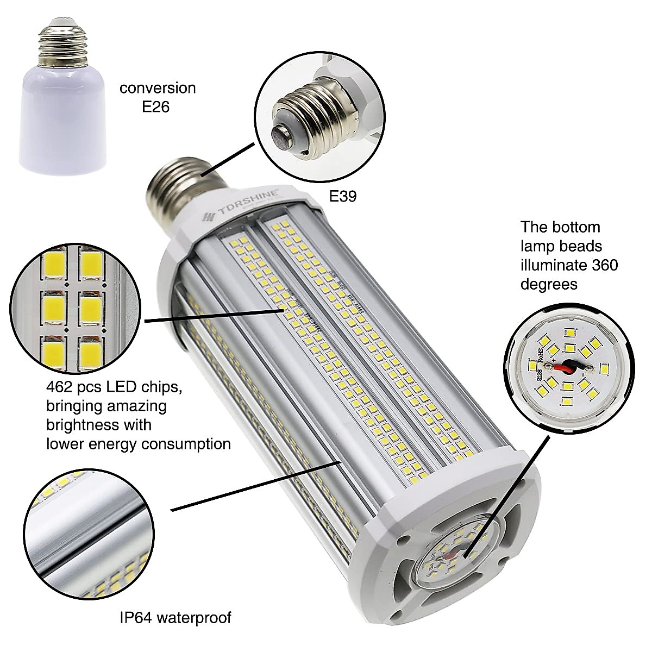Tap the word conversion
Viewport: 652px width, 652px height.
158,88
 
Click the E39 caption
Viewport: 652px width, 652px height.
343,196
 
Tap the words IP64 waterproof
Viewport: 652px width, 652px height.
175,617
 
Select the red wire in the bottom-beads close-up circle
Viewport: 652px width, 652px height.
567,366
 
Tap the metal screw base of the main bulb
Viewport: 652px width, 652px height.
173,188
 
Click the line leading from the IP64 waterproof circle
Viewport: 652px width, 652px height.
255,487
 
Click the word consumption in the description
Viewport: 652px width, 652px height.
184,443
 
